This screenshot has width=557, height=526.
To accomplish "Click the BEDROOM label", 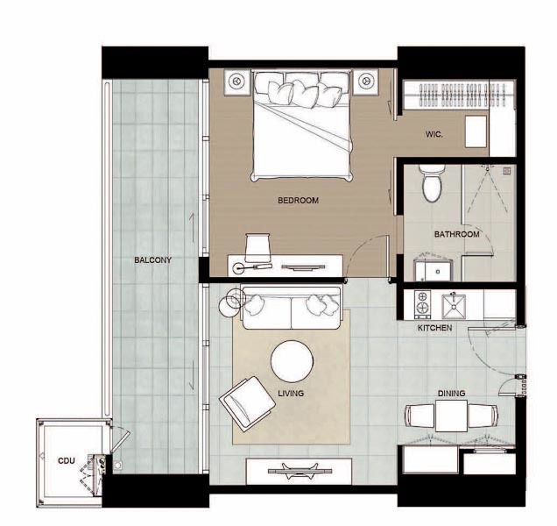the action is coord(298,201).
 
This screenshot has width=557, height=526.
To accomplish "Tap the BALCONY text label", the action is coord(152,260).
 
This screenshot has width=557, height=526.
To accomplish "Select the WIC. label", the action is coord(434,134).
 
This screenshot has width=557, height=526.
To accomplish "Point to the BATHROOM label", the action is coord(456,234).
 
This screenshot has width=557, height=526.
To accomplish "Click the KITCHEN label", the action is coord(434,328).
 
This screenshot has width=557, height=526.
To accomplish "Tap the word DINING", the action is coord(451,394).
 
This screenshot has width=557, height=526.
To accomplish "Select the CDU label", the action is coord(66,461).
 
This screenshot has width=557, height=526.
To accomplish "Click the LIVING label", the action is coord(291,394).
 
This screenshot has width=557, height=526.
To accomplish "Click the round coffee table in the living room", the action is coord(292,361).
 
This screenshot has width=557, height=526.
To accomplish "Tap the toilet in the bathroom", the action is coord(432,183).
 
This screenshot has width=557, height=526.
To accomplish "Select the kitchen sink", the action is coord(454,306).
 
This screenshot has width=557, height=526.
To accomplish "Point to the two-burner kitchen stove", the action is coord(423,304).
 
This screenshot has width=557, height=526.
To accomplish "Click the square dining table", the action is coord(451,416).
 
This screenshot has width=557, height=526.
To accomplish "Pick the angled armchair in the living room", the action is coord(247,403).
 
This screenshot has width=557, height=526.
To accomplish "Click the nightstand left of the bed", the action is coord(237,82).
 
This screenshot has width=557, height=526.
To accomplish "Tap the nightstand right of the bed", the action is coord(365,82).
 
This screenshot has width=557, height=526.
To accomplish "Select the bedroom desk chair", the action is coord(257,247).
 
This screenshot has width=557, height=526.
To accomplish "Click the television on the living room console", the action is coord(300,471).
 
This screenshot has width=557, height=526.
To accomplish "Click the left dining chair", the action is coord(420,416).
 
